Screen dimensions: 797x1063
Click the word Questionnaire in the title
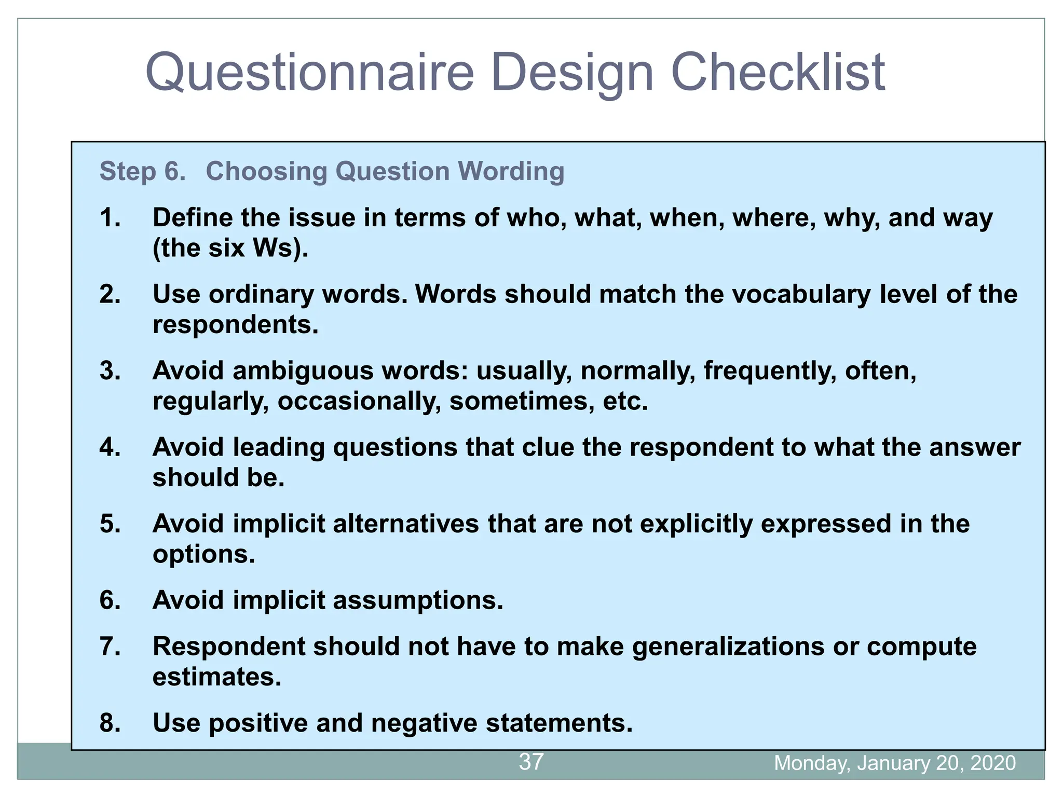[310, 73]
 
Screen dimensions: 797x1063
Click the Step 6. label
[142, 171]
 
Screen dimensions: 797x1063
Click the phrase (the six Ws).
[230, 248]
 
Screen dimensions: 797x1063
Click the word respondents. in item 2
[235, 325]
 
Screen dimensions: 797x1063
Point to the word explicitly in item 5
[696, 524]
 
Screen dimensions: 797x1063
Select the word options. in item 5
[204, 554]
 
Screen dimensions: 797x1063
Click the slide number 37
[531, 762]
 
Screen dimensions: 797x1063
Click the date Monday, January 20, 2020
[894, 763]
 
